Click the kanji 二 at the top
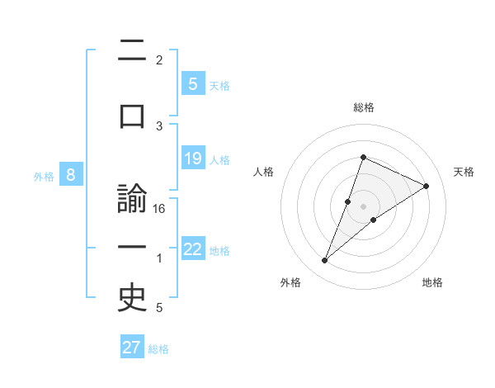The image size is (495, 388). (x=132, y=54)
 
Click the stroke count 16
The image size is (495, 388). (x=159, y=209)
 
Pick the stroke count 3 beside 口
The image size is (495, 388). (x=159, y=125)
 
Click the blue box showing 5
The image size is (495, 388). (x=192, y=83)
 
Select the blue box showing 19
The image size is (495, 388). (x=192, y=159)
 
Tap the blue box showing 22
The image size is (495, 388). (x=192, y=250)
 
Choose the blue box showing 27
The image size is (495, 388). (x=132, y=348)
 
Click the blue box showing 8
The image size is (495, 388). (x=72, y=175)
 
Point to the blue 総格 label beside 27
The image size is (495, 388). (x=158, y=349)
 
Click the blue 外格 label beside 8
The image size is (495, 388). (x=44, y=177)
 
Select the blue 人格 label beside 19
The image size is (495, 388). (x=219, y=160)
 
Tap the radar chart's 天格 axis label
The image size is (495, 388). (x=464, y=172)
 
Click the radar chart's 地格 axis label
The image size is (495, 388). (x=432, y=282)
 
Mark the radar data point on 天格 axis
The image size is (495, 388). (x=426, y=187)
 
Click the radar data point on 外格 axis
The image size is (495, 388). (x=324, y=261)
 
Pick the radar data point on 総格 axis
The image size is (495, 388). (x=363, y=157)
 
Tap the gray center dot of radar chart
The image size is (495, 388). (x=363, y=206)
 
